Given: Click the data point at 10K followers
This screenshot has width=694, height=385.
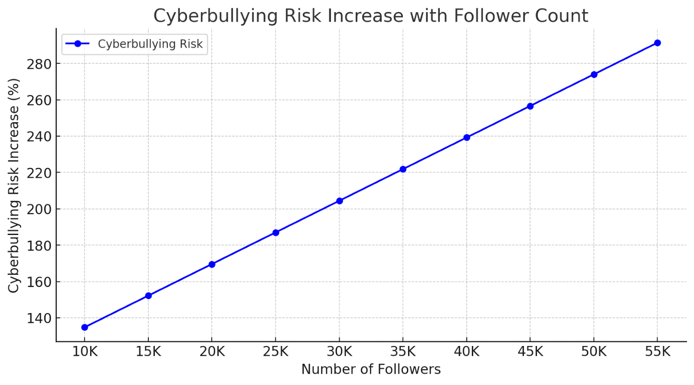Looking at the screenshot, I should click(x=85, y=327).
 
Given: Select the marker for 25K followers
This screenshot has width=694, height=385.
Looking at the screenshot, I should click(x=275, y=233).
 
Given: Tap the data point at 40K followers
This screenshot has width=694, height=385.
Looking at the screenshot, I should click(x=467, y=137).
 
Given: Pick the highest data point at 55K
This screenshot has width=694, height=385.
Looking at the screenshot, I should click(x=658, y=43).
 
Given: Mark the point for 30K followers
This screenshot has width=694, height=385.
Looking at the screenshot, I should click(x=340, y=201).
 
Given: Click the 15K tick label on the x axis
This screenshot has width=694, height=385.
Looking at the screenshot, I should click(x=148, y=352).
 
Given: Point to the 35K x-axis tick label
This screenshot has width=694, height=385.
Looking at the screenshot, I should click(x=403, y=352).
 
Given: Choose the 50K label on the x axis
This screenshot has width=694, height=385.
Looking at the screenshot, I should click(x=594, y=352).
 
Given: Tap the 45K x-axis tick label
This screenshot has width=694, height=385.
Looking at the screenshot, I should click(x=530, y=352).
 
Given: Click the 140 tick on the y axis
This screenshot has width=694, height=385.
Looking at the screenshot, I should click(x=39, y=318).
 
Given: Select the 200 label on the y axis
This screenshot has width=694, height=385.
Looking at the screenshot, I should click(x=39, y=209).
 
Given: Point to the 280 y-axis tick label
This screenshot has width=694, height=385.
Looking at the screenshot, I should click(x=39, y=64).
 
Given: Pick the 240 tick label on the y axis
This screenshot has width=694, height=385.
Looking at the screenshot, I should click(x=39, y=137).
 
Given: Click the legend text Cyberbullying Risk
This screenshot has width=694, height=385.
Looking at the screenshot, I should click(x=150, y=44).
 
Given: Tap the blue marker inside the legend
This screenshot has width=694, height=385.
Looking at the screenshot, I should click(x=78, y=44).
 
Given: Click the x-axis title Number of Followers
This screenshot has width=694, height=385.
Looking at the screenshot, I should click(x=371, y=369).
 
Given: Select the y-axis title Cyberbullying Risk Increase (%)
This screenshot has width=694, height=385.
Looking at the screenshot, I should click(x=14, y=185).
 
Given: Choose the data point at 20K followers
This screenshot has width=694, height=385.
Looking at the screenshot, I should click(x=212, y=264).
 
